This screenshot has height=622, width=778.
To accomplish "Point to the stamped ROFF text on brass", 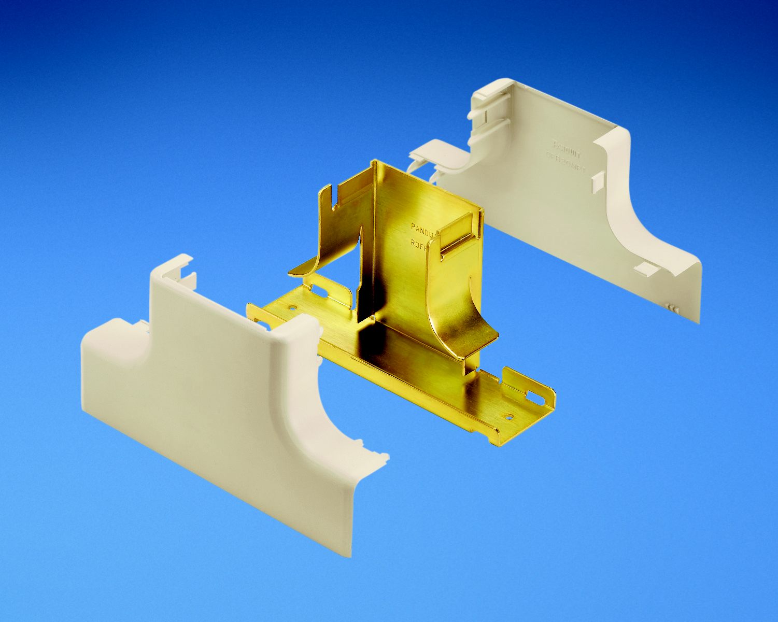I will (x=418, y=244).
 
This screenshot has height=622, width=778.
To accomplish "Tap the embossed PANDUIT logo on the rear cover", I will (x=567, y=149).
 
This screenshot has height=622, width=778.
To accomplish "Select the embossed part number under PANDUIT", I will (x=565, y=162).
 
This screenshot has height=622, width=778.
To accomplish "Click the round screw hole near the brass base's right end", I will (x=510, y=416).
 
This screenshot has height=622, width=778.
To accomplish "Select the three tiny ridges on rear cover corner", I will (x=673, y=308).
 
